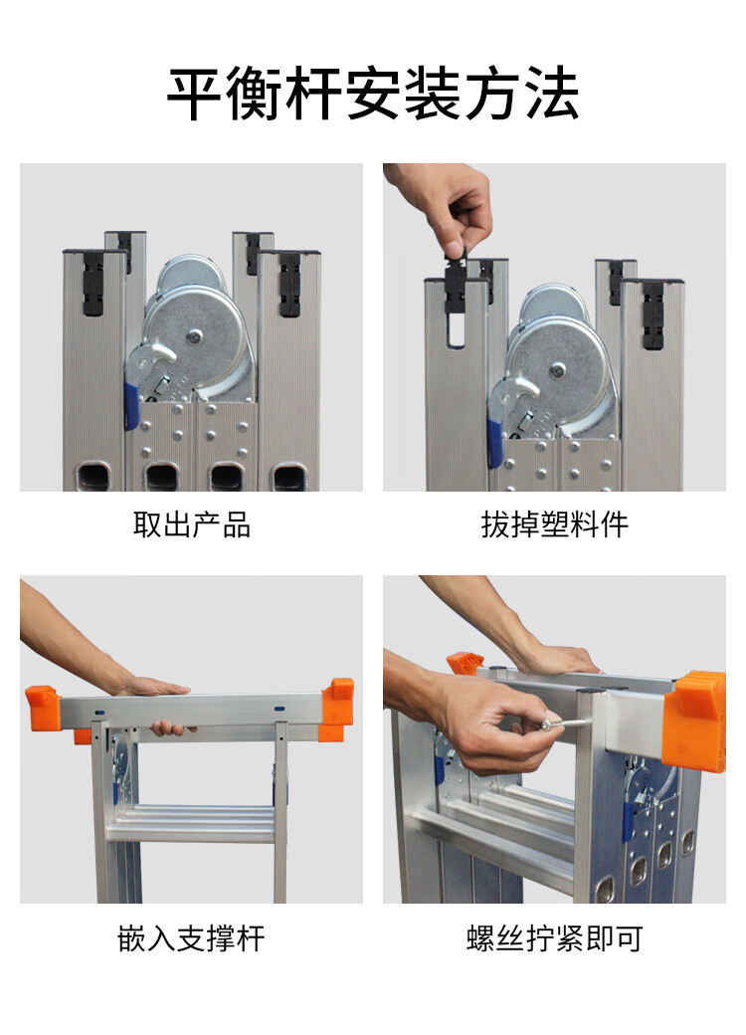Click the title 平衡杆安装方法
[373, 94]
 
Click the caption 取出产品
[191, 524]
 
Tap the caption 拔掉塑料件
[554, 524]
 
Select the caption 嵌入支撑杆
[191, 937]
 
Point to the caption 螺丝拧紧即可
[554, 937]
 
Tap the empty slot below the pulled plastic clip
[457, 330]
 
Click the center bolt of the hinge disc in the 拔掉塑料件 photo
[557, 369]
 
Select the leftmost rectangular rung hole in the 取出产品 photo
[93, 476]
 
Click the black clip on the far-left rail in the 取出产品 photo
[93, 284]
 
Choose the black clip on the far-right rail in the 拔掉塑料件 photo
[653, 314]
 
